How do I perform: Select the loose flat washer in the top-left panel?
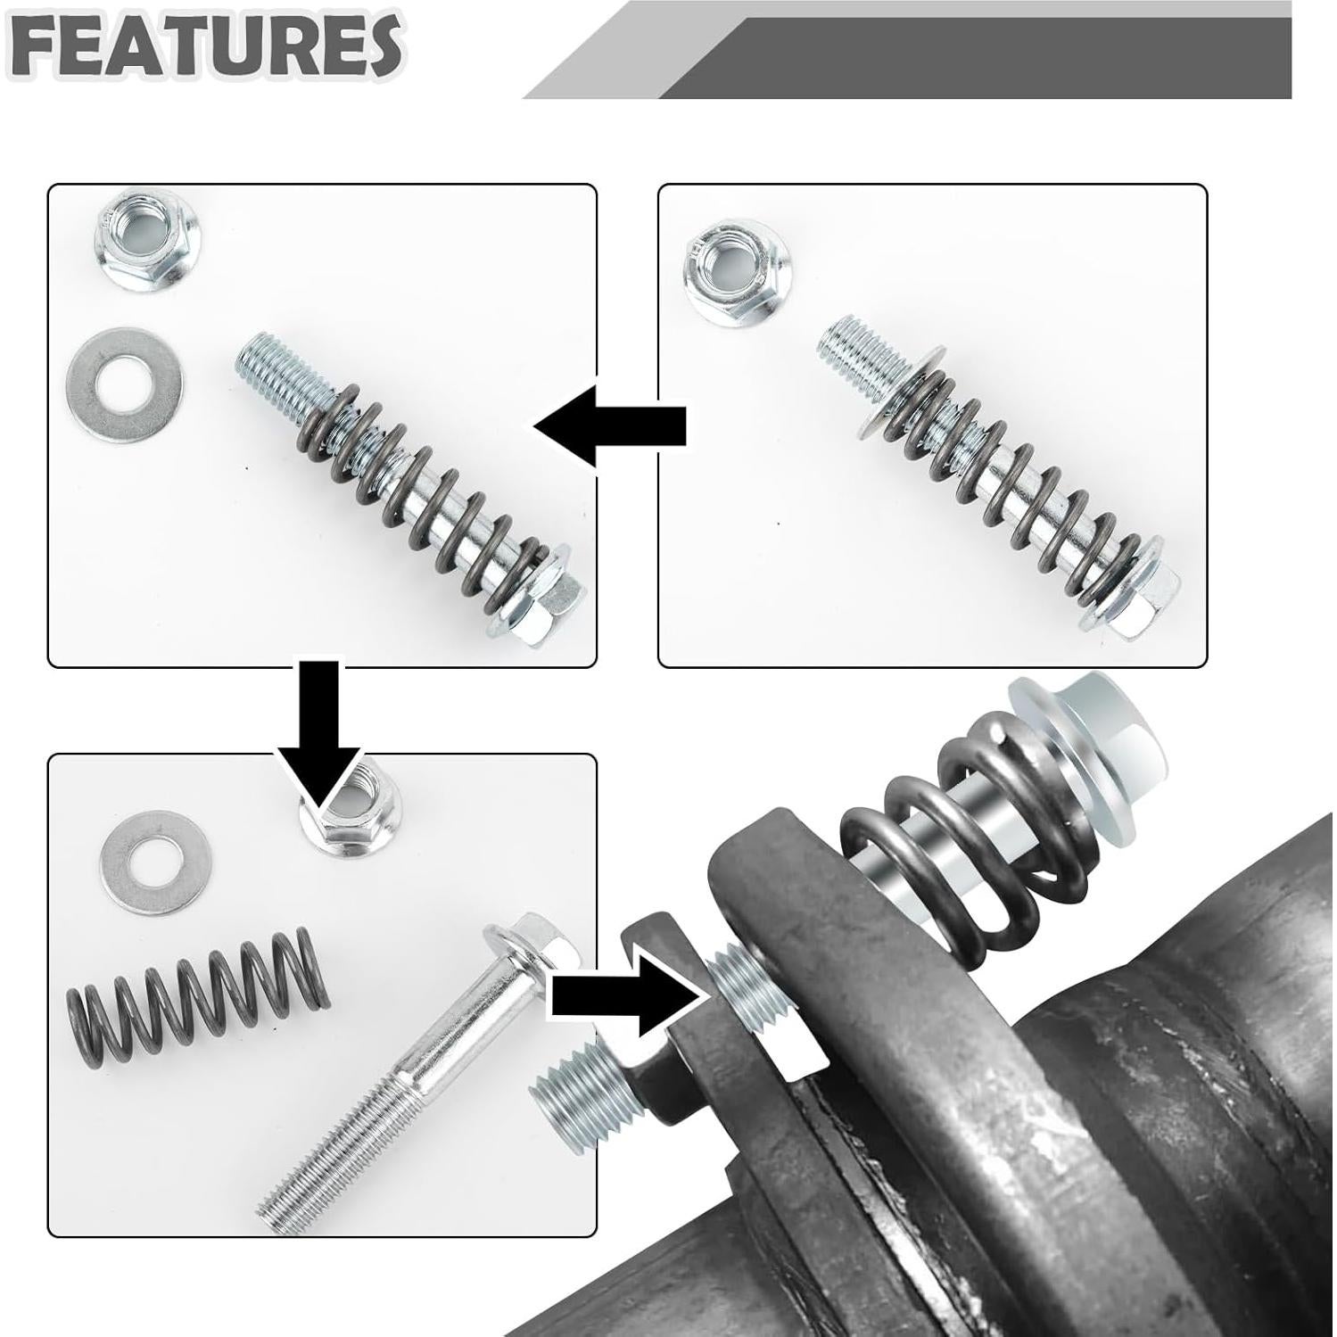coord(125,382)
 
